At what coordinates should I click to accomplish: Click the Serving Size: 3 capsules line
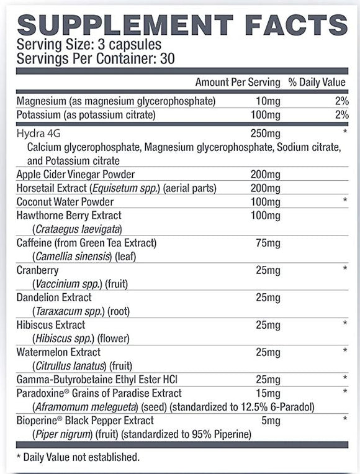(x=89, y=45)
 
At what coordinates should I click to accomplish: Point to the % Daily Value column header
(x=318, y=82)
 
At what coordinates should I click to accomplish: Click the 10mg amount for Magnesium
(x=268, y=101)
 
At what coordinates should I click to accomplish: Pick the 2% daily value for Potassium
(x=341, y=115)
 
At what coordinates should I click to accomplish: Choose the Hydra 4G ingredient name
(x=36, y=134)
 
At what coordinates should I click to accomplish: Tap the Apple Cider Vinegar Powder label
(x=76, y=175)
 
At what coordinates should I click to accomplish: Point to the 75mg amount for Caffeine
(x=268, y=242)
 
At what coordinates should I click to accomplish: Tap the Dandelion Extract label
(x=55, y=298)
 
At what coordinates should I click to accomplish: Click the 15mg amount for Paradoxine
(x=268, y=393)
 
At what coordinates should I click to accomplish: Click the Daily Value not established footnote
(x=78, y=457)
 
